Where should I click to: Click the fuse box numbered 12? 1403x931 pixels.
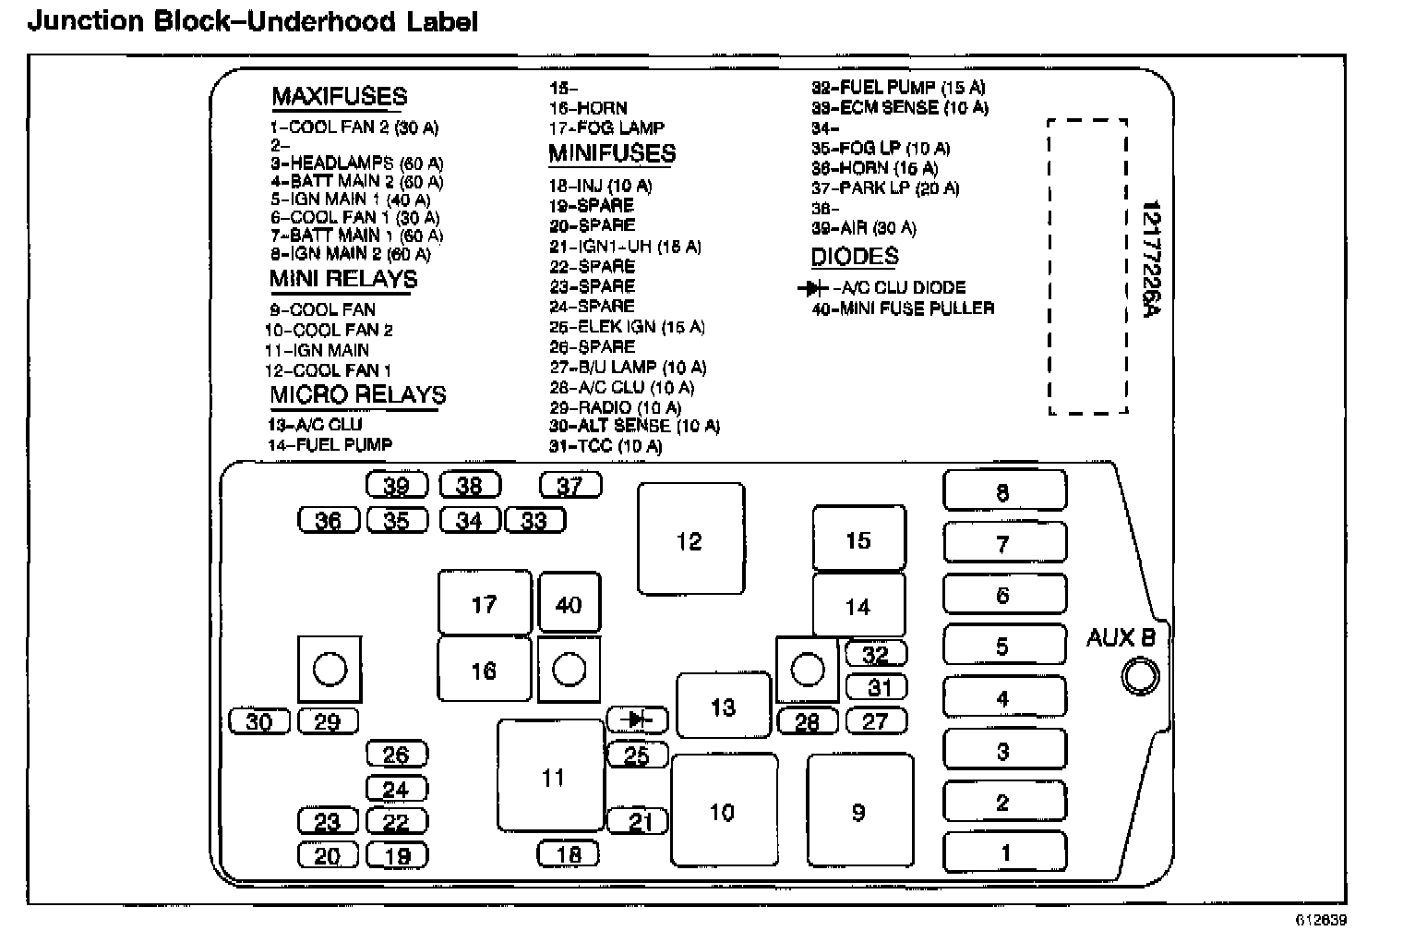tap(690, 539)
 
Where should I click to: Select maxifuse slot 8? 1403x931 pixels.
tap(1004, 490)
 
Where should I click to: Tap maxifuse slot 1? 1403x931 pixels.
tap(1004, 852)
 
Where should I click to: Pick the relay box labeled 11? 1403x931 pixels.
tap(552, 777)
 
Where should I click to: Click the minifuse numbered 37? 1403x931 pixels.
tap(570, 485)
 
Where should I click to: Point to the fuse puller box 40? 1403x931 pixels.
tap(569, 604)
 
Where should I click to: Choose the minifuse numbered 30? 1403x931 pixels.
tap(259, 721)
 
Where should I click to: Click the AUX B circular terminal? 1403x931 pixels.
tap(1141, 677)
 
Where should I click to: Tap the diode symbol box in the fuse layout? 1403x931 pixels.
tap(636, 719)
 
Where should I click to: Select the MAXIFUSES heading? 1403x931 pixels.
tap(339, 97)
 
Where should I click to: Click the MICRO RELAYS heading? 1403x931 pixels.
tap(357, 395)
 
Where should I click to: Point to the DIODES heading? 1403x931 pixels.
tap(854, 257)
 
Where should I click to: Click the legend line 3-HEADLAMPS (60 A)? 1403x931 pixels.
tap(356, 163)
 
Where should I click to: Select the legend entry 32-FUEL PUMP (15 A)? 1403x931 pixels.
tap(897, 88)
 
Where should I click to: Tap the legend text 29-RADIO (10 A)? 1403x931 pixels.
tap(615, 407)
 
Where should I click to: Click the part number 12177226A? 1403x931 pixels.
tap(1150, 260)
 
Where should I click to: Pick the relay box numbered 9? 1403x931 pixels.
tap(859, 812)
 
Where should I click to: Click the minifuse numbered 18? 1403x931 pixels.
tap(569, 854)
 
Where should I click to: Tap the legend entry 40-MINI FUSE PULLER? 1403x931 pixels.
tap(903, 308)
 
